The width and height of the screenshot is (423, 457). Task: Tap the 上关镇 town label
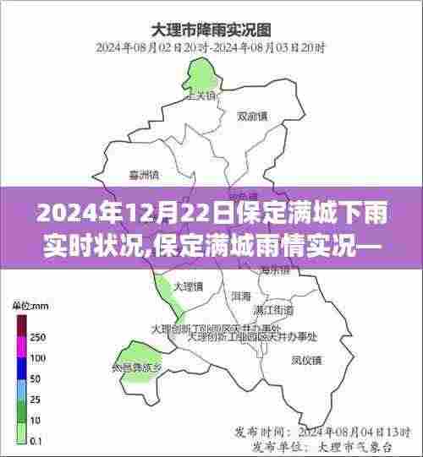[201, 95]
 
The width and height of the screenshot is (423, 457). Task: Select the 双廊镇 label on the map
[253, 117]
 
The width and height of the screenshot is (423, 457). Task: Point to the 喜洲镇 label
[144, 177]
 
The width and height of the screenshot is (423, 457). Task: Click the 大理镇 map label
[187, 287]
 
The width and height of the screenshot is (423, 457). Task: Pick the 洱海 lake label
[240, 297]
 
